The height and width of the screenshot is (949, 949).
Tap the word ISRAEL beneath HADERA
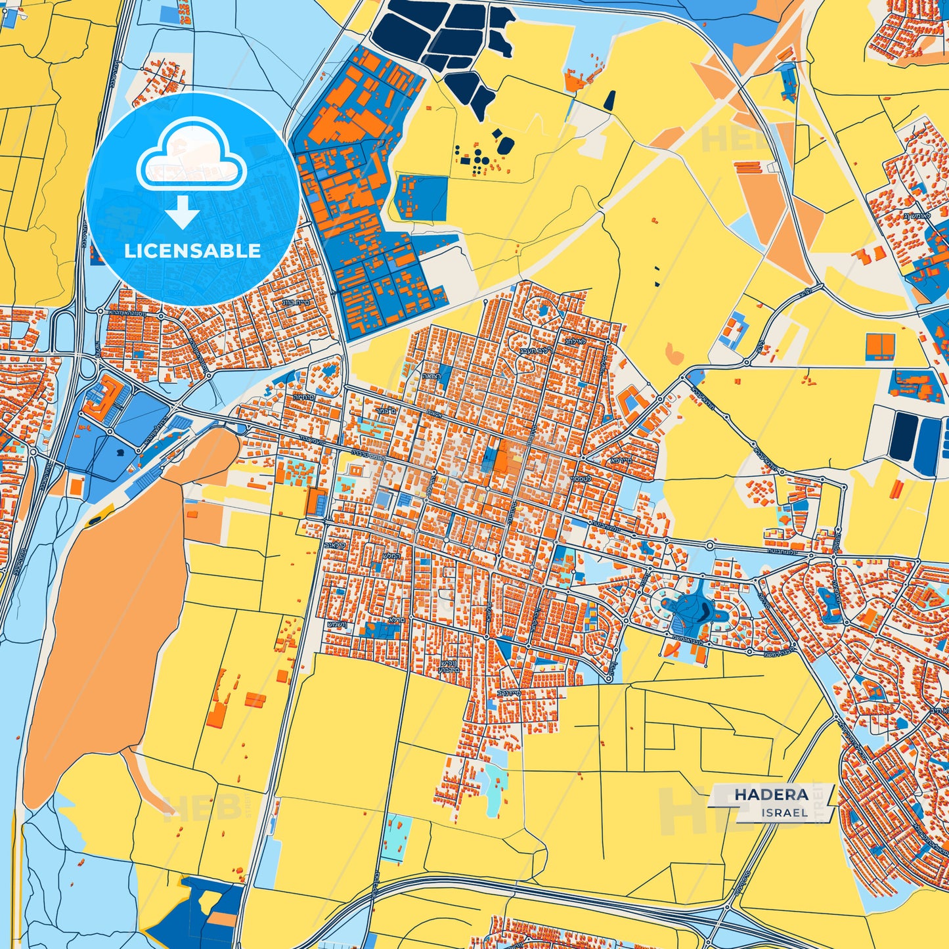coord(785,812)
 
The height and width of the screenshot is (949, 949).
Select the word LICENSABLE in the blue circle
coord(192,250)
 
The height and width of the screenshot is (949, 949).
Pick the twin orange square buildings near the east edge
coord(880,345)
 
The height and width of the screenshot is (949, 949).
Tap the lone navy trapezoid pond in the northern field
coord(610,100)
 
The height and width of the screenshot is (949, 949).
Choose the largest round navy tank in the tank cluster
coord(504,145)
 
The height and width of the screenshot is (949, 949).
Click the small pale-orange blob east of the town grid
coord(674,353)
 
